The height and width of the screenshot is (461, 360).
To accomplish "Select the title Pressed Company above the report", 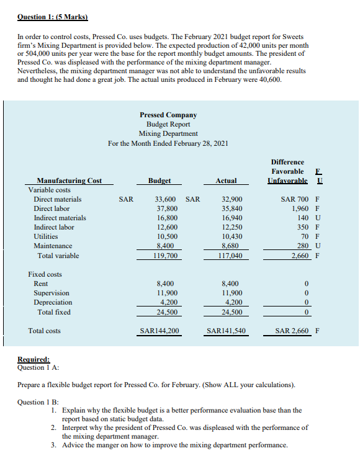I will tap(168, 115).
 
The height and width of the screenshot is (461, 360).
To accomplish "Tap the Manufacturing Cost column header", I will tap(69, 181).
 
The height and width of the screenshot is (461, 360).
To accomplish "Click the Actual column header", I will tap(226, 181).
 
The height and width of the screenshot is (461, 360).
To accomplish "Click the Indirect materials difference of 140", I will tap(303, 218).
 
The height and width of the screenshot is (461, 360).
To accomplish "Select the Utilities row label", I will tap(45, 236).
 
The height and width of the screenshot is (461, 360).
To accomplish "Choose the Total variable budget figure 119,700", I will tap(165, 256).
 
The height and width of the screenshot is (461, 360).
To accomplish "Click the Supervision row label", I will tap(52, 293).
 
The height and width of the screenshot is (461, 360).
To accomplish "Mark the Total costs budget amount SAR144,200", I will tap(160, 331).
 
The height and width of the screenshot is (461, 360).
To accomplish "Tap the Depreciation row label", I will tap(53, 302).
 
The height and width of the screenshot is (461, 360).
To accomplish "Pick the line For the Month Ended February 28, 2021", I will tap(168, 143).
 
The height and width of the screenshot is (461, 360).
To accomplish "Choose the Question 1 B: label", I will tap(39, 401).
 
